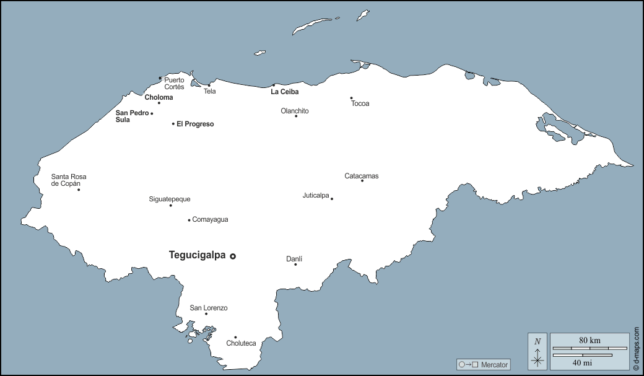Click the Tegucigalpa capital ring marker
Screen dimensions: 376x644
[233, 256]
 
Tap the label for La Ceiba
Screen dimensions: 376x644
[284, 92]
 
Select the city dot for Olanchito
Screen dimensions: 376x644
[296, 116]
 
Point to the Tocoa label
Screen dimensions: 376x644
[360, 103]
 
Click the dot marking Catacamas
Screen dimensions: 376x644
[362, 180]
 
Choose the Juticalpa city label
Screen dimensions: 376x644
[316, 195]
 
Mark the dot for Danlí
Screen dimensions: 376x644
[295, 265]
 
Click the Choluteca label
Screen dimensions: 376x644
[241, 343]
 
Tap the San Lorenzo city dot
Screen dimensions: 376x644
[206, 313]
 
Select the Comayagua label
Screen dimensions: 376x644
[210, 219]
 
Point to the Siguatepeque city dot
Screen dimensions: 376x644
[171, 205]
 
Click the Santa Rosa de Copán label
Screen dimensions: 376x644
[69, 180]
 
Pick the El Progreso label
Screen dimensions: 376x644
[195, 124]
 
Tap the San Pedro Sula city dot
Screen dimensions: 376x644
[152, 113]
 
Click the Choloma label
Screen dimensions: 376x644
[159, 97]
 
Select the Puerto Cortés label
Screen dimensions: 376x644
[174, 83]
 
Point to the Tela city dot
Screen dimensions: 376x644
[209, 85]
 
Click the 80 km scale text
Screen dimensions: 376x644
[590, 340]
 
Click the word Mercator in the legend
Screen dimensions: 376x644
[494, 365]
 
